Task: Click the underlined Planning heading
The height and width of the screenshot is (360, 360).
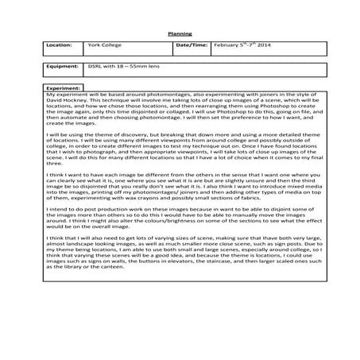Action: (180, 33)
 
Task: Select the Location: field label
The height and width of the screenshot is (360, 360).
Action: (60, 47)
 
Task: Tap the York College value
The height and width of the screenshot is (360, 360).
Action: (102, 47)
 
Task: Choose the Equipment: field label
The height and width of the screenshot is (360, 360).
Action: (61, 70)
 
